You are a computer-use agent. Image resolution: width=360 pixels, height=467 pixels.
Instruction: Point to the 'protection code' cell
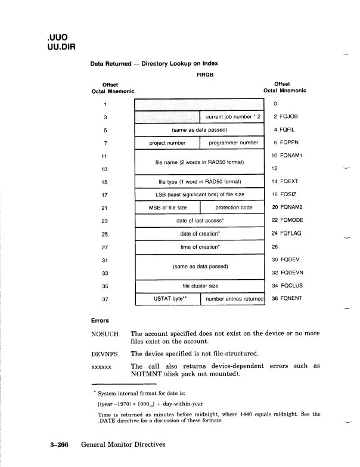point(231,208)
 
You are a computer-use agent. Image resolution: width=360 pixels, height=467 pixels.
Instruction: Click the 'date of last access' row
point(200,221)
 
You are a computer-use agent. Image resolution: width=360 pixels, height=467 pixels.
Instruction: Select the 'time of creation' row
point(200,246)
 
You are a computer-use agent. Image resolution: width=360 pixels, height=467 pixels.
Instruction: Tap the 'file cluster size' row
point(200,286)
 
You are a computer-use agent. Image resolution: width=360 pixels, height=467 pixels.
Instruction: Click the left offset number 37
point(105,299)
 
